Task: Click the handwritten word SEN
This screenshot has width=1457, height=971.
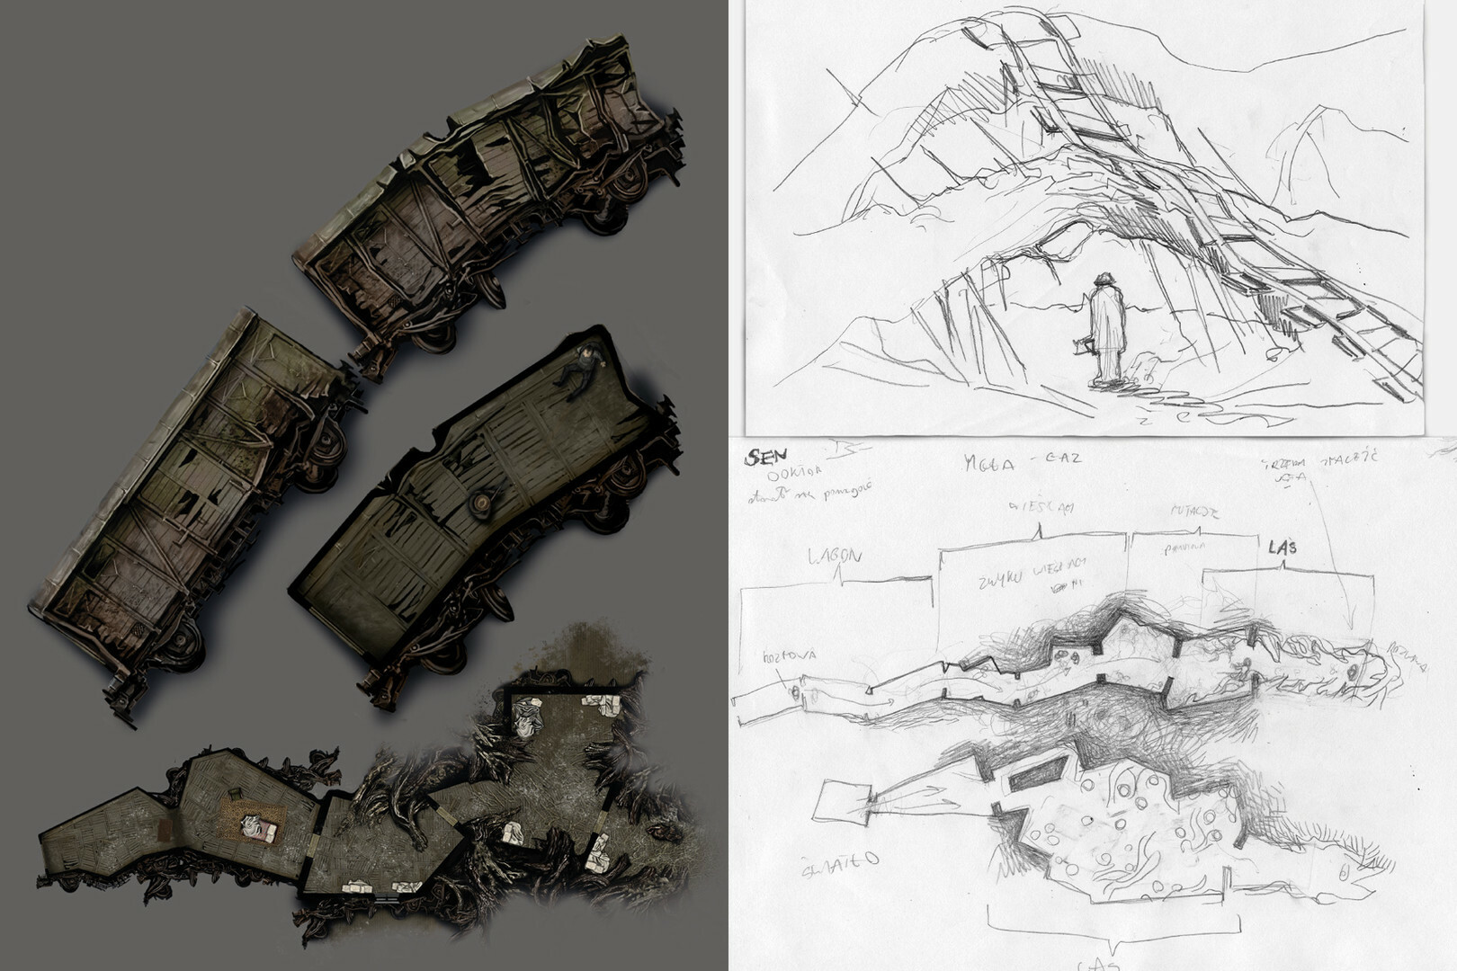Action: (x=760, y=458)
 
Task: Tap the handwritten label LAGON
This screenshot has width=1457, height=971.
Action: (x=835, y=557)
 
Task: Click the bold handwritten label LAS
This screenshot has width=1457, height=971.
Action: (x=1283, y=548)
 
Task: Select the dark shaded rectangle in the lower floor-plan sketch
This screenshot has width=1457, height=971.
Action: (x=1034, y=774)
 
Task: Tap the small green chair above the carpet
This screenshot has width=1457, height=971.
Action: (x=235, y=794)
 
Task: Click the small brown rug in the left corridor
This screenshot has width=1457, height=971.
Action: (x=165, y=831)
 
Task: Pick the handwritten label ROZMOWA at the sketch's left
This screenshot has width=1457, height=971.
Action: (x=789, y=655)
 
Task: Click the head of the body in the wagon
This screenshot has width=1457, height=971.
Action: (x=591, y=353)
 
